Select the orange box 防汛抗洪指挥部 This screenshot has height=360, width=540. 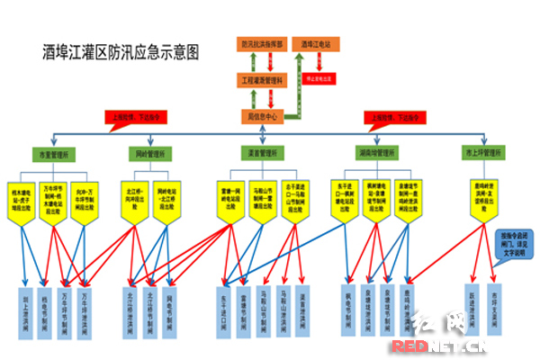click(262, 43)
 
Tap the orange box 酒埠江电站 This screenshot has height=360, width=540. click(316, 43)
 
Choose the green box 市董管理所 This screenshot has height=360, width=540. click(54, 154)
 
